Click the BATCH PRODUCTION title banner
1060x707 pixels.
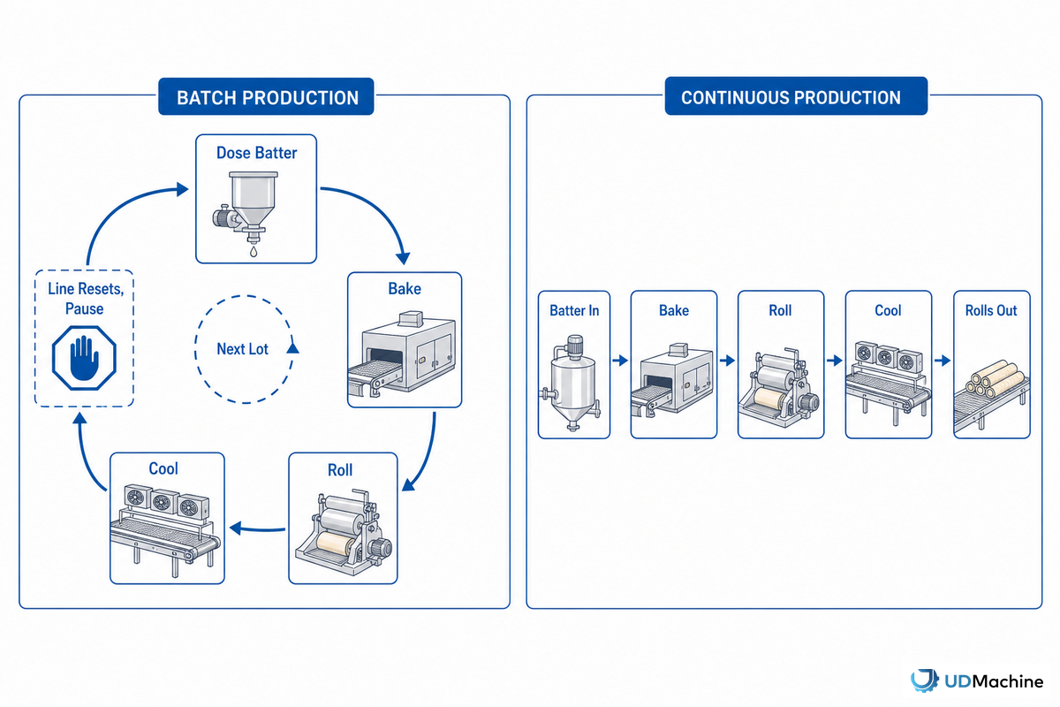coord(266,96)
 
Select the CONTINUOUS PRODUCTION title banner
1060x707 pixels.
coord(796,96)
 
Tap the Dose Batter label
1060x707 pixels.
coord(256,153)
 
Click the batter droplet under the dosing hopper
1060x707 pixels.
coord(254,252)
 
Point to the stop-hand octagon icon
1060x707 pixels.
coord(84,358)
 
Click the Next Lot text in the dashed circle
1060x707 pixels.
coord(242,349)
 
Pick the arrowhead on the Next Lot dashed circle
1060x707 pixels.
coord(293,347)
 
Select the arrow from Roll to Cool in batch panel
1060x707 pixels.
coord(257,528)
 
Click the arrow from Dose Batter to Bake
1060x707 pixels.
coord(379,209)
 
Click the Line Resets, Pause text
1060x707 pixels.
coord(85,299)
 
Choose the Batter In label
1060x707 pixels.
coord(574,311)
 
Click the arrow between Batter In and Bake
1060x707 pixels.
coord(620,361)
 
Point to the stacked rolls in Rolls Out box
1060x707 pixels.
coord(992,380)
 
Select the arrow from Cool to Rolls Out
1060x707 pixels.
coord(943,361)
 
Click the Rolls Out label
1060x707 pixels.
coord(991,311)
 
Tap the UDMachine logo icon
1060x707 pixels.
coord(924,680)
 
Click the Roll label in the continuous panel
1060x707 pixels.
coord(780,311)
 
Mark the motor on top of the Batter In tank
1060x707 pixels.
coord(574,346)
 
